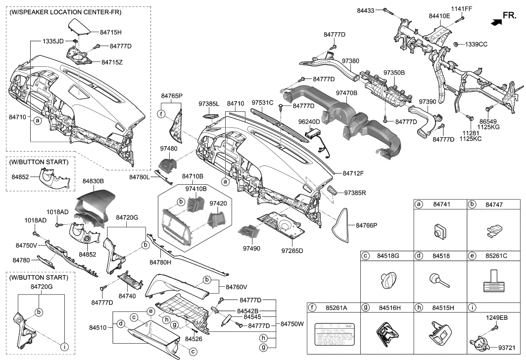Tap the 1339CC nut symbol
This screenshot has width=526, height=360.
click(x=454, y=45)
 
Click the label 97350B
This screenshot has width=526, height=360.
click(x=394, y=73)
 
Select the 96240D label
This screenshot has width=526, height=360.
click(x=309, y=121)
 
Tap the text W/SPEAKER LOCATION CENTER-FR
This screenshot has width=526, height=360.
click(x=65, y=12)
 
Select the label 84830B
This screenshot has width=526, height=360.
click(x=96, y=182)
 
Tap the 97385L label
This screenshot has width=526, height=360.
click(x=208, y=104)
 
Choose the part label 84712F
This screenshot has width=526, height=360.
click(x=353, y=173)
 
